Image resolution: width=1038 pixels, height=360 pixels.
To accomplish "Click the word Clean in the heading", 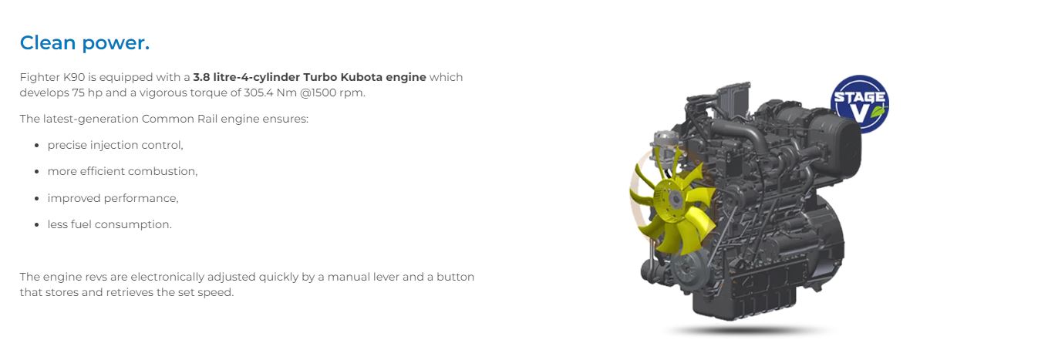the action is pos(48,42).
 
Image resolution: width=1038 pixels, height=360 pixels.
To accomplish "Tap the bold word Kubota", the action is pos(362,77).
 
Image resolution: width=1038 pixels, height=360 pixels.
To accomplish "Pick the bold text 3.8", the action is pos(201,77).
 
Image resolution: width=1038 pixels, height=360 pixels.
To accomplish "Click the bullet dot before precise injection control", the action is pos(36,146).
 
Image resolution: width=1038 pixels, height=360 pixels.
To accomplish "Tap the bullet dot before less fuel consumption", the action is pos(36,224).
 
